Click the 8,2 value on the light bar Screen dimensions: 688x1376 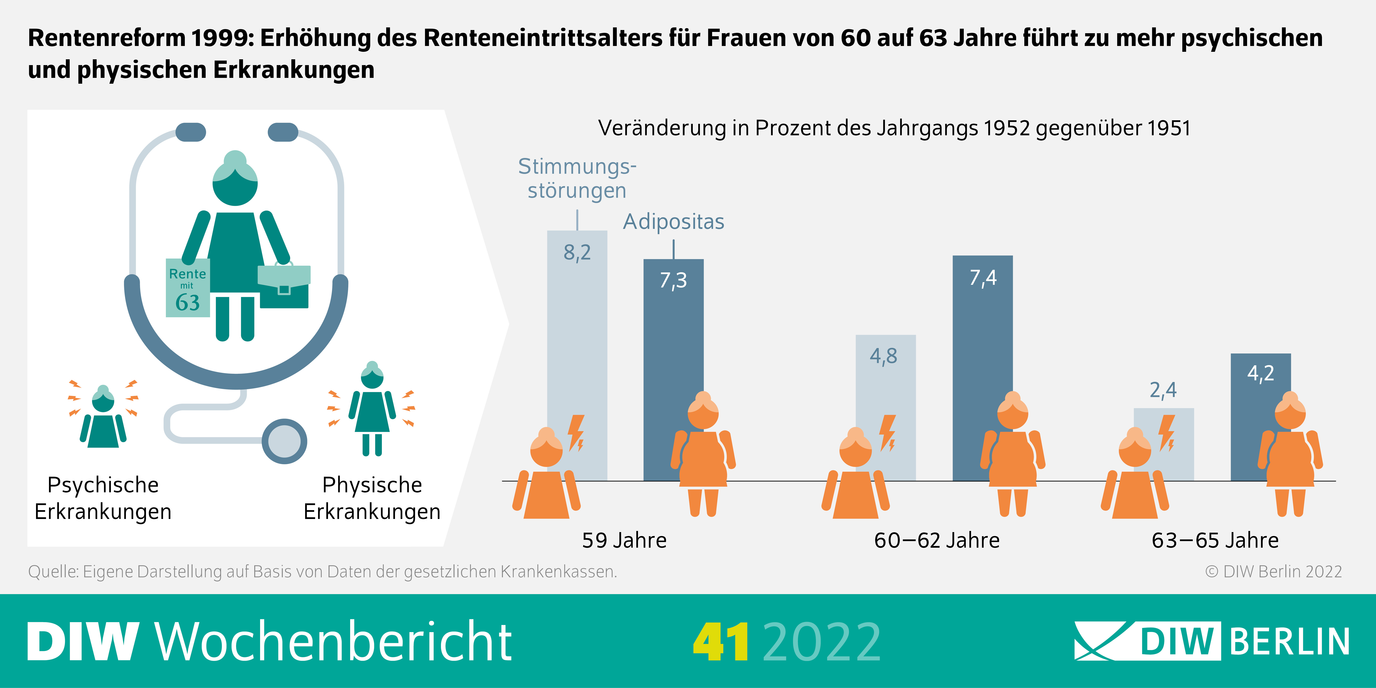(x=577, y=252)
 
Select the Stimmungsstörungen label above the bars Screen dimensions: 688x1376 (x=577, y=178)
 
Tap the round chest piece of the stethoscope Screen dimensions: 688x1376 (x=284, y=441)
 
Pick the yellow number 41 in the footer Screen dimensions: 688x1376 (x=721, y=641)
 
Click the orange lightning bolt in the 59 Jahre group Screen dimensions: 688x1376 (x=576, y=433)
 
